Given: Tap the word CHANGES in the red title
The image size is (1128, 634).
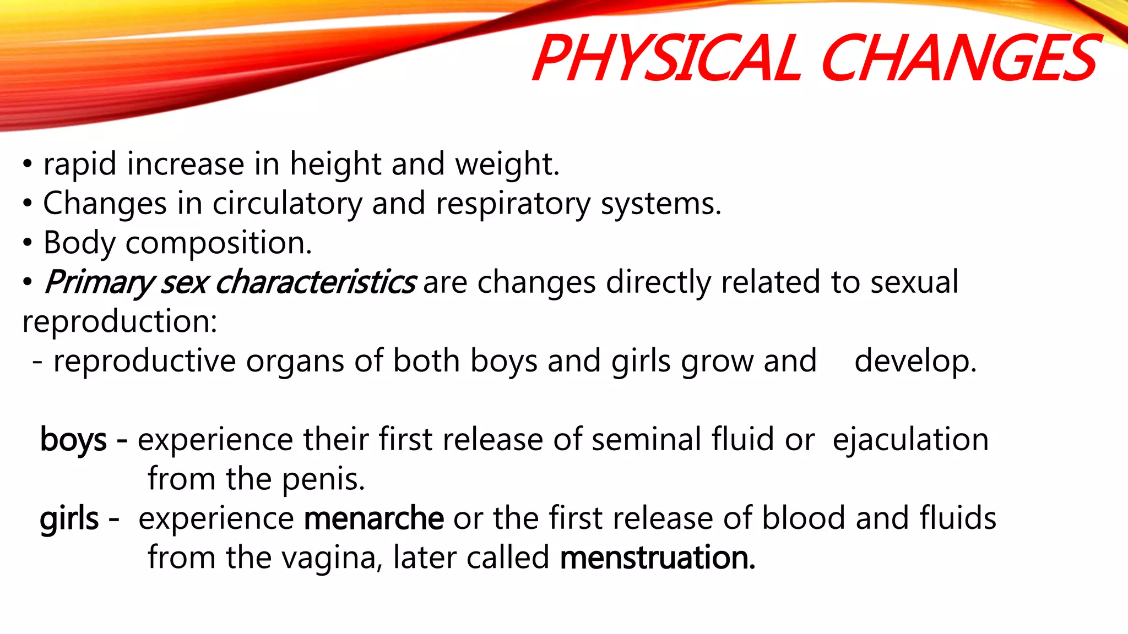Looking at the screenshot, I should coord(959,58).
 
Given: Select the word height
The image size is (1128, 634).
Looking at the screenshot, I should coord(335,164).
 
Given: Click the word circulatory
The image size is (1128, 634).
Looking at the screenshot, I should coord(288,204).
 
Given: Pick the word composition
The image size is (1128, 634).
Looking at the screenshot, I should coord(218,243).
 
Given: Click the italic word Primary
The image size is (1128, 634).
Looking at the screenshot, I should coord(98,283).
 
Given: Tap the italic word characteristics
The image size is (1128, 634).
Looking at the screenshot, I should coord(315,283).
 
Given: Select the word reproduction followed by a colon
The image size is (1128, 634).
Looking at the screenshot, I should coord(120,322).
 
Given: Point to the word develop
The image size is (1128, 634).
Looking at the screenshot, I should coord(915,362).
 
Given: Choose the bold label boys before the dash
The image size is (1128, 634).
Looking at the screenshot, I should coord(73,440).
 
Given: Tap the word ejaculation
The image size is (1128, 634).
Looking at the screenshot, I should coord(910,440).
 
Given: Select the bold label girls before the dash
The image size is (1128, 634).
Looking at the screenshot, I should coord(69,519).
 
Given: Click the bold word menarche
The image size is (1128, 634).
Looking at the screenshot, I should coord(373,519).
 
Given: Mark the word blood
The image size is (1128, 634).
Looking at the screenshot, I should coord(804,519).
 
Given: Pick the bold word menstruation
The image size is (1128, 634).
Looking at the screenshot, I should coord(657,558).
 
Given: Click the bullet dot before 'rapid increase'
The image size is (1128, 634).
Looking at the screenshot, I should coord(28,164).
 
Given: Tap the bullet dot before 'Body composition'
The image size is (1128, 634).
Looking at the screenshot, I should coord(28,243).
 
